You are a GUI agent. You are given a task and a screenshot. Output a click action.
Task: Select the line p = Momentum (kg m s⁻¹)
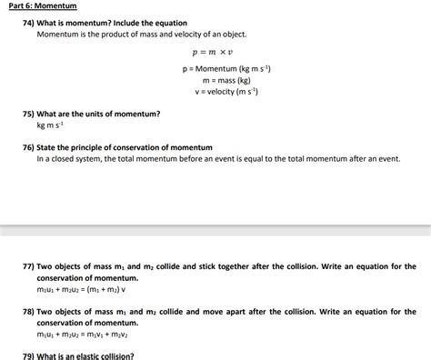(226, 69)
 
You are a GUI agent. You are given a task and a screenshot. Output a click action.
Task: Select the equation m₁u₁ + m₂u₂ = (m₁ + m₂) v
(81, 289)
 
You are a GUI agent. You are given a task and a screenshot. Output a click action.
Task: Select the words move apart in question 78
(214, 311)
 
